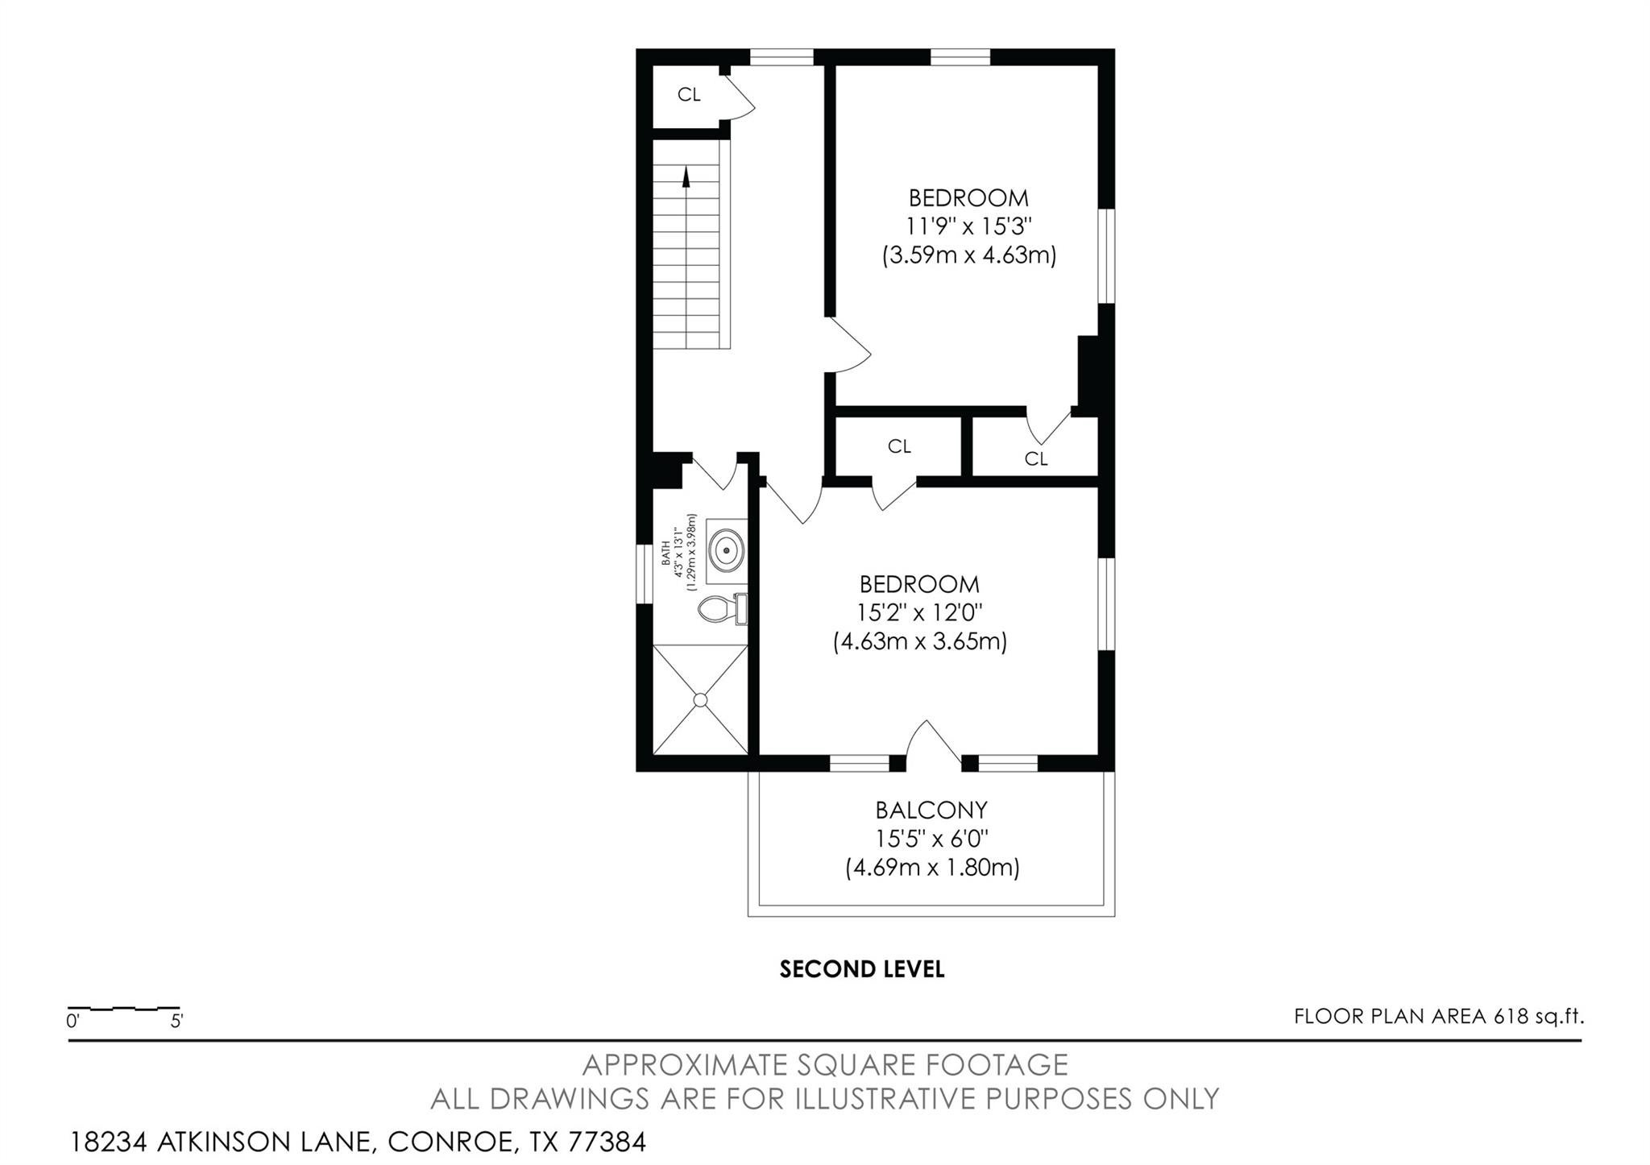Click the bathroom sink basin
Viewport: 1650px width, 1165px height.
[727, 549]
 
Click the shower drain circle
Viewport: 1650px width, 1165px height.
[701, 699]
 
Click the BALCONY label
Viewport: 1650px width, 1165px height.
[931, 810]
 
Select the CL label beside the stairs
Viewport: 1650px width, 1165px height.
[689, 95]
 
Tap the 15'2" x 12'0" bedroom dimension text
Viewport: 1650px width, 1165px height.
[919, 613]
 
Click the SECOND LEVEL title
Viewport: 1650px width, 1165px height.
[862, 969]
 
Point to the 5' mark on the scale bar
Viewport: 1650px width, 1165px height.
[176, 1022]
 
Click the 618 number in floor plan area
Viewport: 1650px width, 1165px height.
[1511, 1017]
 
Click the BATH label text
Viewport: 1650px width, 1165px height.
[665, 553]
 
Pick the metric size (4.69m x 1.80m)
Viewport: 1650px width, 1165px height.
[933, 868]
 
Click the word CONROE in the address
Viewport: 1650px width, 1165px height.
[450, 1142]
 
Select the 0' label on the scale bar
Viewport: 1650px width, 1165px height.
[73, 1022]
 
